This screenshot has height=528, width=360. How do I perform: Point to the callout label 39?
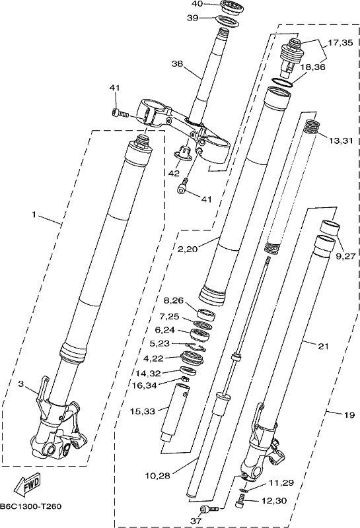pyautogui.click(x=193, y=18)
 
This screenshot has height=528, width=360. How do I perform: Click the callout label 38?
pyautogui.click(x=176, y=63)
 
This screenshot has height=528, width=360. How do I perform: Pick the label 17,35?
pyautogui.click(x=340, y=43)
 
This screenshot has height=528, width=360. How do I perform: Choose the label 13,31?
pyautogui.click(x=340, y=141)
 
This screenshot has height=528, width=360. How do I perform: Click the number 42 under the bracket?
pyautogui.click(x=174, y=173)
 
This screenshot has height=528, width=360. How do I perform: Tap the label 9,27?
pyautogui.click(x=345, y=256)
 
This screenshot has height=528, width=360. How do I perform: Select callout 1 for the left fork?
pyautogui.click(x=34, y=214)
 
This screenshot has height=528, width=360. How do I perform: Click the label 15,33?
pyautogui.click(x=143, y=411)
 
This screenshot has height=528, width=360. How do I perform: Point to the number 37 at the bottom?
pyautogui.click(x=196, y=521)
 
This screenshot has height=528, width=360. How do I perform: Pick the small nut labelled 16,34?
pyautogui.click(x=184, y=379)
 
